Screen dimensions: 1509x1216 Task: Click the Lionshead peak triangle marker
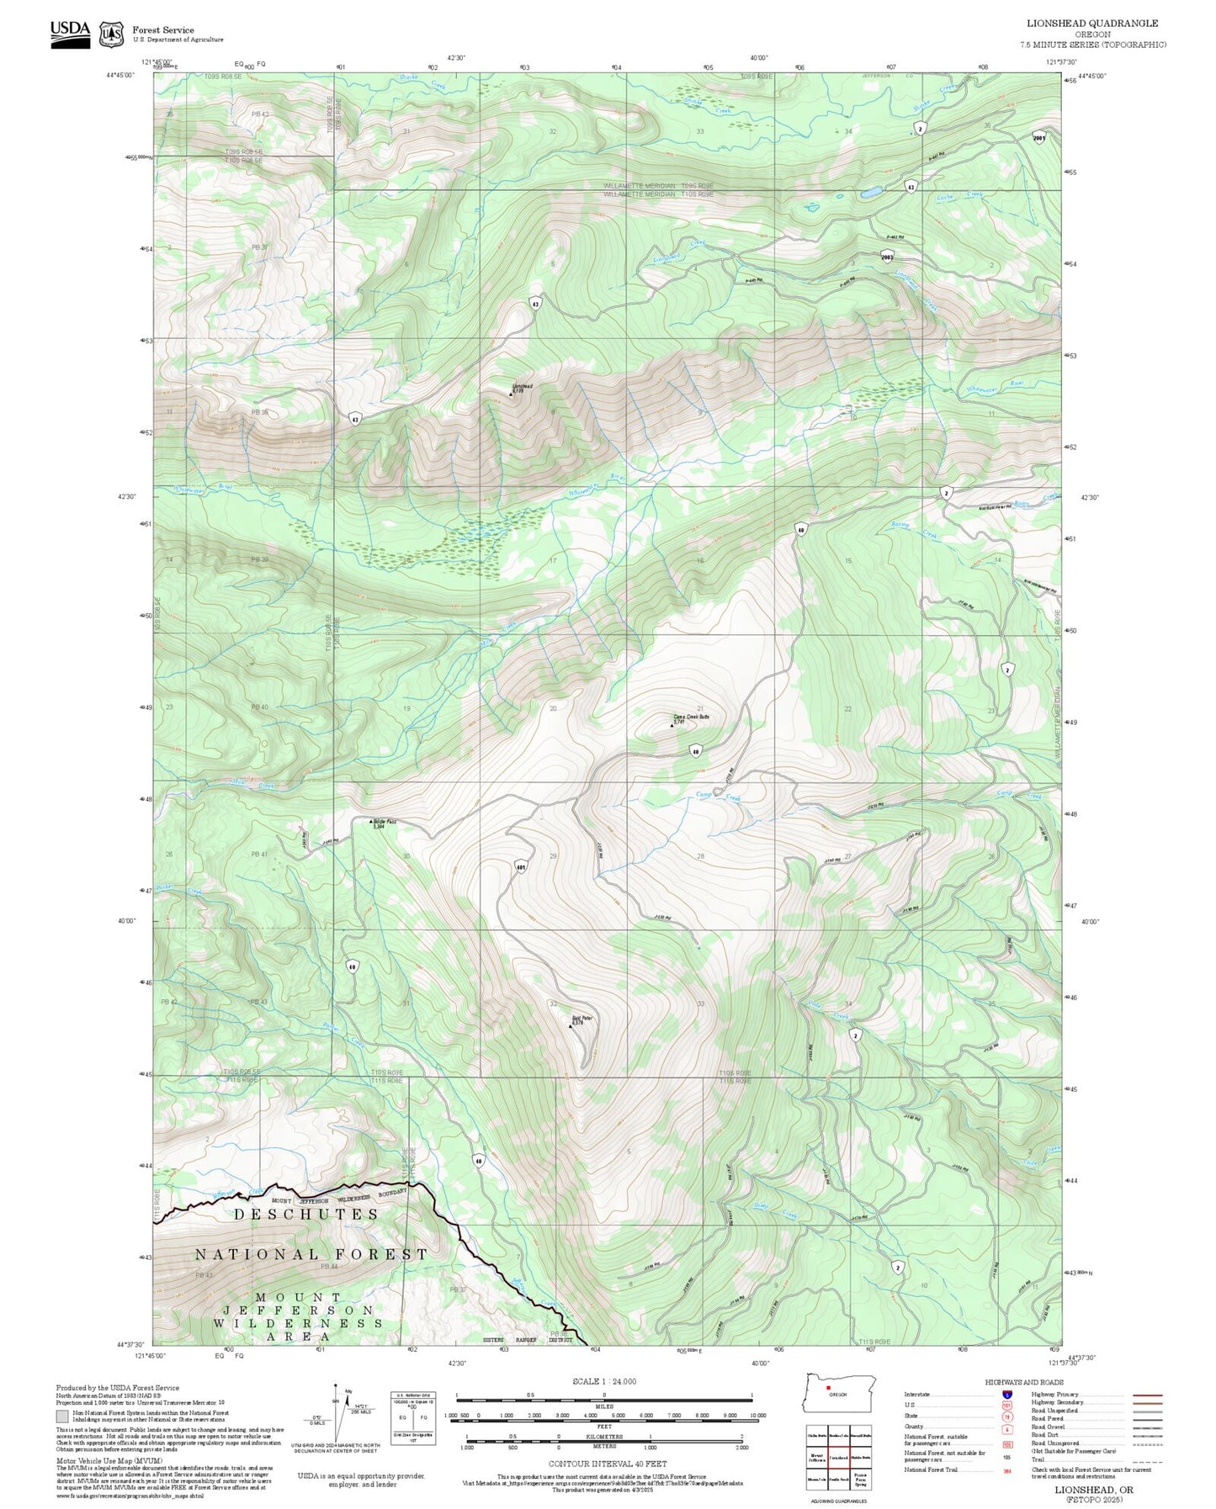pos(512,394)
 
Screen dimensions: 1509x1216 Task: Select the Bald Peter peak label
pos(582,1019)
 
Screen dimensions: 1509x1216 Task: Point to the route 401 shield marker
pos(521,866)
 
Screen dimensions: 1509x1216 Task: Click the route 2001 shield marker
pos(1039,138)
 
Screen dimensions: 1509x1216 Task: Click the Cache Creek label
pos(959,197)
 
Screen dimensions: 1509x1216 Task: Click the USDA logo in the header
pos(70,32)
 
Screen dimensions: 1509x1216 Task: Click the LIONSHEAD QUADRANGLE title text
pos(1091,24)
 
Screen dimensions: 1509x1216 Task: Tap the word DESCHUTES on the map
pos(306,1214)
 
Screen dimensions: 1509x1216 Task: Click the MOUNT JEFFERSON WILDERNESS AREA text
pos(299,1316)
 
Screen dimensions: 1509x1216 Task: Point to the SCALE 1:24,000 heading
pos(603,1381)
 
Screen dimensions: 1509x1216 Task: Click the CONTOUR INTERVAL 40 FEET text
pos(603,1464)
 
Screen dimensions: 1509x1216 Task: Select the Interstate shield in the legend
pos(1006,1394)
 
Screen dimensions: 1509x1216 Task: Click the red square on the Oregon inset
pos(828,1389)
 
